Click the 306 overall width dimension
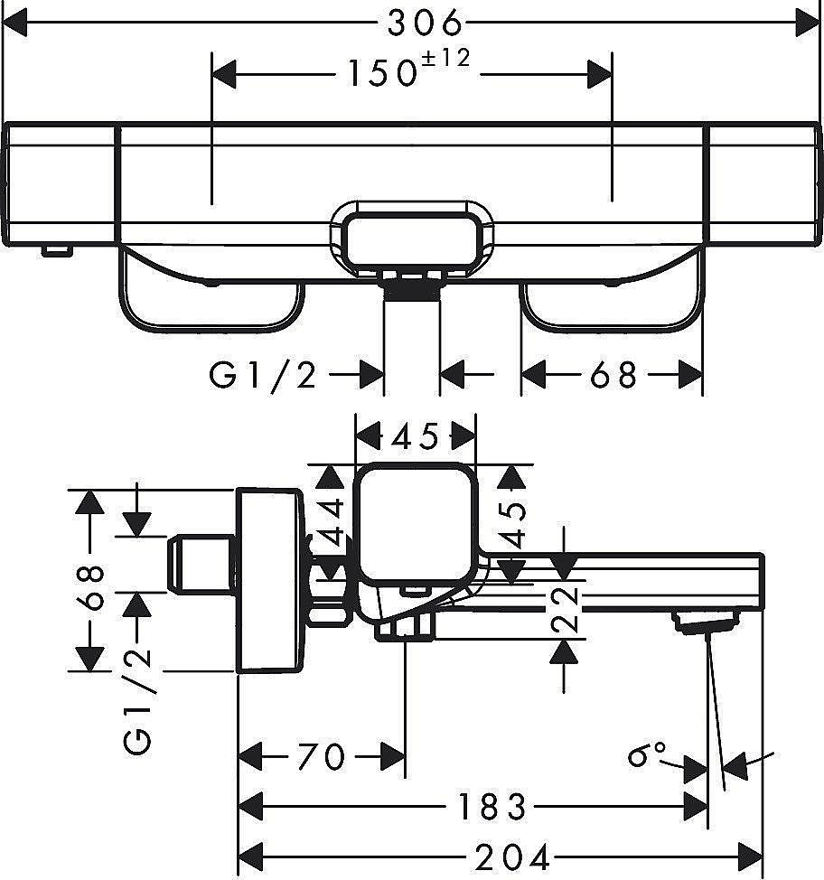[x=426, y=23]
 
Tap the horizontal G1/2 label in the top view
[x=263, y=375]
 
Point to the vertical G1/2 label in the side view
[x=138, y=701]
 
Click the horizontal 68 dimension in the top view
[x=613, y=375]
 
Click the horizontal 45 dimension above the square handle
[x=416, y=436]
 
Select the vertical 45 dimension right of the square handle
[x=512, y=525]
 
